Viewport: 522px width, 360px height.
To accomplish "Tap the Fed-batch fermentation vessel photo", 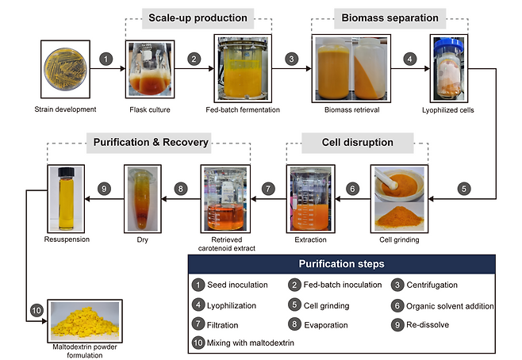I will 243,69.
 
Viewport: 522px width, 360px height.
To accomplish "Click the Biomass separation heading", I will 389,16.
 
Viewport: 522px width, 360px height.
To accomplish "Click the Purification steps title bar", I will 343,264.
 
